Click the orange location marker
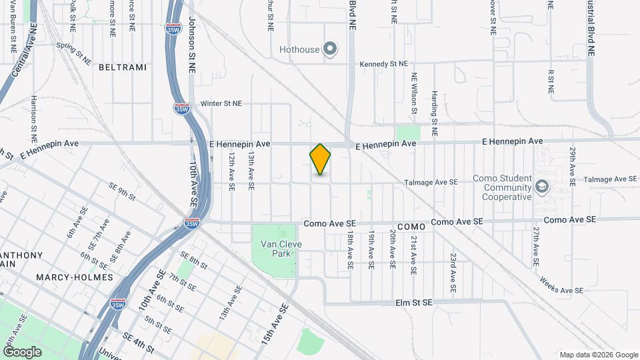pyautogui.click(x=320, y=159)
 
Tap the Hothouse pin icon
pyautogui.click(x=329, y=49)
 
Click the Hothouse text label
pyautogui.click(x=300, y=49)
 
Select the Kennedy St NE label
pyautogui.click(x=383, y=64)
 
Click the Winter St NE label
pyautogui.click(x=221, y=104)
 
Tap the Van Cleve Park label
pyautogui.click(x=281, y=249)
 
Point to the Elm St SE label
pyautogui.click(x=414, y=303)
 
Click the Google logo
pyautogui.click(x=22, y=351)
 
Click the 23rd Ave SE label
pyautogui.click(x=453, y=273)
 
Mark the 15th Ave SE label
pyautogui.click(x=275, y=323)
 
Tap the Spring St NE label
pyautogui.click(x=74, y=54)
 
